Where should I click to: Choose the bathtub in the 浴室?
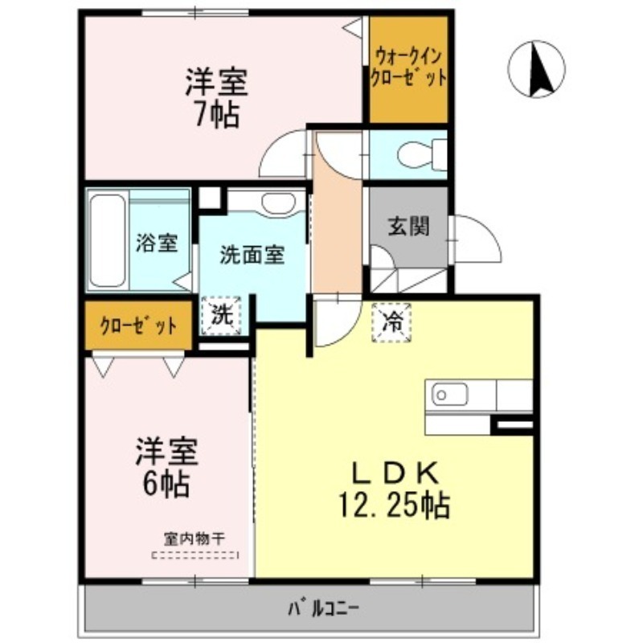point(107,240)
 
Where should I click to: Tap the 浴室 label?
point(157,243)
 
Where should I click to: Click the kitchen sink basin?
point(451,395)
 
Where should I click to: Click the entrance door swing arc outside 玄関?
point(477,239)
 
